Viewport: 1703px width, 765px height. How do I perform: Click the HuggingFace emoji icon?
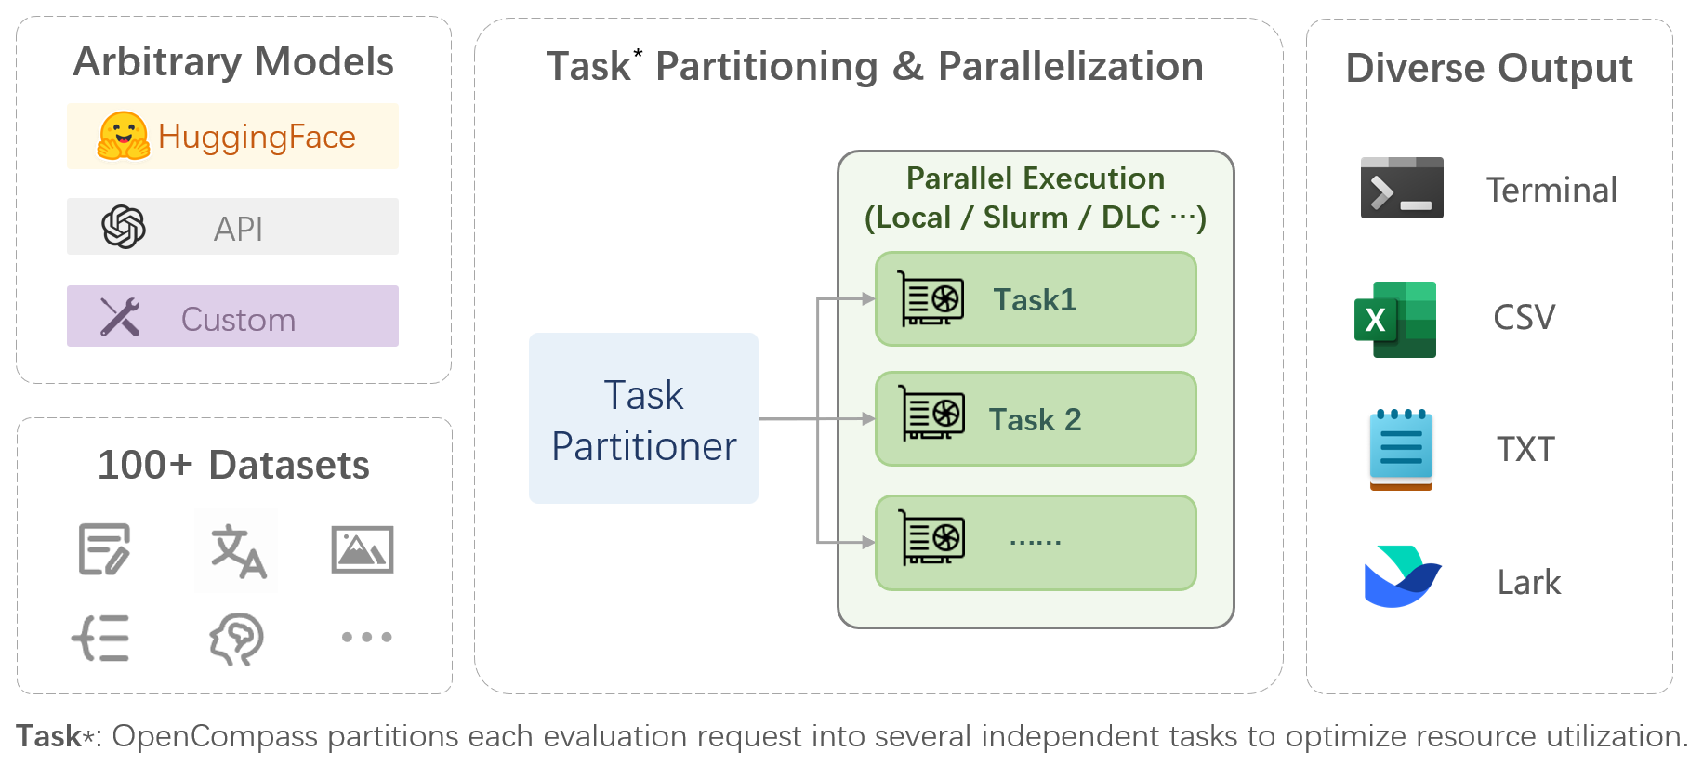tap(124, 136)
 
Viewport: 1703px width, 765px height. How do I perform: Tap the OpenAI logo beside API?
tap(124, 227)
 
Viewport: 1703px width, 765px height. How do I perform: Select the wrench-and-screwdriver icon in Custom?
tap(120, 317)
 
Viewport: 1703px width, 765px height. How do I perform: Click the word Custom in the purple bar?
tap(238, 320)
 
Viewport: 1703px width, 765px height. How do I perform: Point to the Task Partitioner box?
tap(643, 419)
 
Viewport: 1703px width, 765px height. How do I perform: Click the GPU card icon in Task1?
tap(931, 298)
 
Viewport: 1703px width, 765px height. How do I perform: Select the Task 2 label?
tap(1035, 420)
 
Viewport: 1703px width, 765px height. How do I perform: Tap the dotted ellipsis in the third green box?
tap(1035, 542)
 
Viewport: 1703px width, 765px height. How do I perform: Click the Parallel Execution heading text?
tap(1035, 178)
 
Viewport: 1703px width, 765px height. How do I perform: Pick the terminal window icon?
tap(1401, 188)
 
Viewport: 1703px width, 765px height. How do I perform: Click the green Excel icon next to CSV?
tap(1395, 319)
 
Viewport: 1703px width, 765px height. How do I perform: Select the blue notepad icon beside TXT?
tap(1400, 449)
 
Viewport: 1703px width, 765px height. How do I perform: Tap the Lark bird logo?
tap(1402, 576)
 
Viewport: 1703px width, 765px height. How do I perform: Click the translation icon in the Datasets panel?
tap(238, 551)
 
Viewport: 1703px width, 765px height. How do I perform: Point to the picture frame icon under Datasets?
tap(363, 549)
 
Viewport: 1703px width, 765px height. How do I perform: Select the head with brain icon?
tap(236, 639)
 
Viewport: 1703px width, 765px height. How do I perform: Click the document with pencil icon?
tap(104, 549)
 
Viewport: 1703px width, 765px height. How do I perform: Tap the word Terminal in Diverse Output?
tap(1551, 191)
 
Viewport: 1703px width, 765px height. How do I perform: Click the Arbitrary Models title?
tap(233, 62)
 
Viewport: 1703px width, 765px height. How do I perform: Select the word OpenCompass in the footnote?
tap(215, 736)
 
